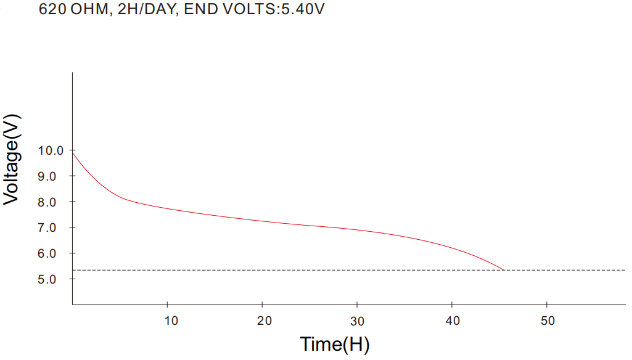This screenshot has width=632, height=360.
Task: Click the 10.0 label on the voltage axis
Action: [x=51, y=150]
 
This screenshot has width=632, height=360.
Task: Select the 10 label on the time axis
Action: [x=171, y=321]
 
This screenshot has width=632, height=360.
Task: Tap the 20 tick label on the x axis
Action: [x=265, y=321]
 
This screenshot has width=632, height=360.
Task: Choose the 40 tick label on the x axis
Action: [x=453, y=321]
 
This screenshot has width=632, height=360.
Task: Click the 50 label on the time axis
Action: [x=548, y=321]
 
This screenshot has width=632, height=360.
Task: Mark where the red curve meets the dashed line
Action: [x=504, y=270]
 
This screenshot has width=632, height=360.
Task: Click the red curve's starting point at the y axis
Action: [x=73, y=152]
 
